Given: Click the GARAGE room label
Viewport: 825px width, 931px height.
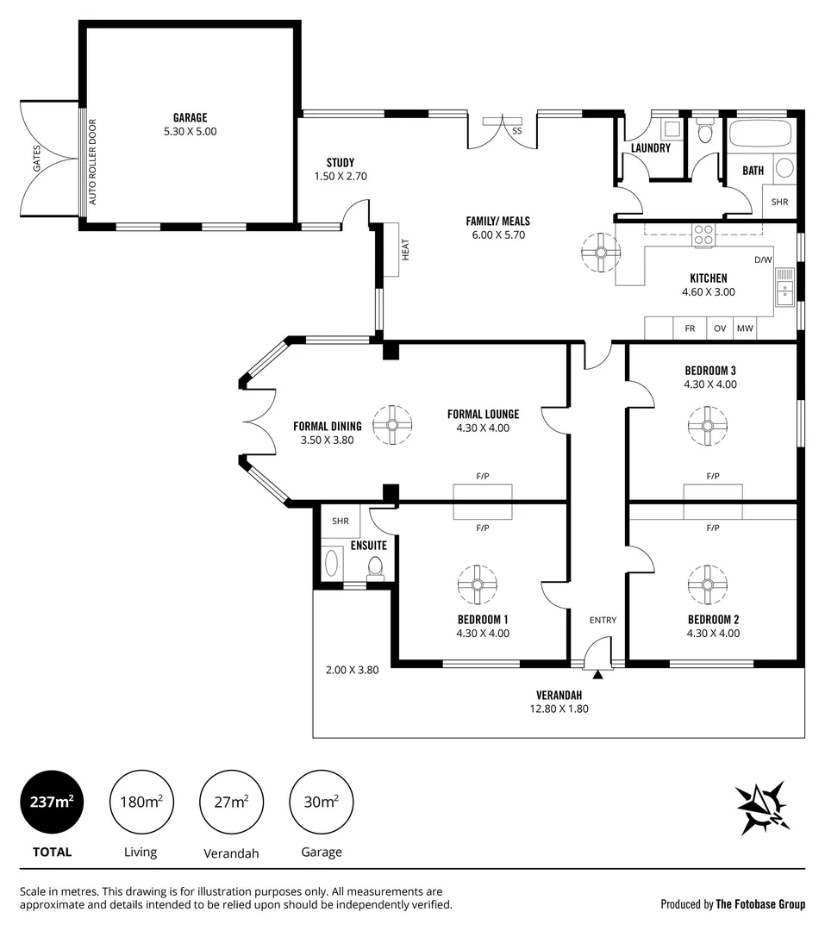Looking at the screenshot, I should point(190,118).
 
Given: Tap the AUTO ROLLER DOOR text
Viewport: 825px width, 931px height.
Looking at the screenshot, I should point(93,166).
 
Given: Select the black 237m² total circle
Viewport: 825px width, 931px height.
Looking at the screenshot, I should point(52,802).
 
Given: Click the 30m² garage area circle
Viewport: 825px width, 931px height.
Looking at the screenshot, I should point(322,802).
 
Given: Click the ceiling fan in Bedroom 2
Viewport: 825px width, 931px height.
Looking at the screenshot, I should point(707,584).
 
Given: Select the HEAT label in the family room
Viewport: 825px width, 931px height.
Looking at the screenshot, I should point(404,249).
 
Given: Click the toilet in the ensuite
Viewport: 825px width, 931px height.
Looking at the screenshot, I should point(375,567).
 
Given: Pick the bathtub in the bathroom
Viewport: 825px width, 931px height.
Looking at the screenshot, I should point(759,135).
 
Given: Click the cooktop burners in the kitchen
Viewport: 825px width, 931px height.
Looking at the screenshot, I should point(704,235).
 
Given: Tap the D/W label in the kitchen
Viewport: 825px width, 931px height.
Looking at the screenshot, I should point(763,259).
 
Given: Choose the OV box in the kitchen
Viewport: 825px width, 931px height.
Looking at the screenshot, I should point(719,328).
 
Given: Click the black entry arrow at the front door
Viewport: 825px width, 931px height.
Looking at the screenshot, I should point(597,674).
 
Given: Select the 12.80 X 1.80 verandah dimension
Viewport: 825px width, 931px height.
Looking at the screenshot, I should point(558,709).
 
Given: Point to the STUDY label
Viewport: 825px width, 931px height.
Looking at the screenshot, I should point(341,162).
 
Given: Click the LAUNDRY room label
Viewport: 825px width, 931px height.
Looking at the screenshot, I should point(650,148).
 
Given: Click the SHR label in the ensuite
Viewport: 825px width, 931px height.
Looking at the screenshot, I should point(341,521).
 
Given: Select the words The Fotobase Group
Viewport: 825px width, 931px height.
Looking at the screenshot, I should point(760,904).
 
